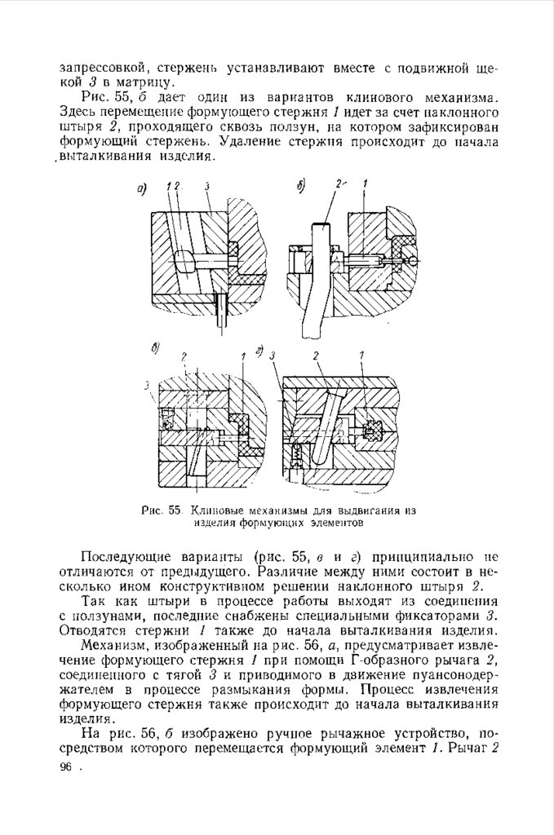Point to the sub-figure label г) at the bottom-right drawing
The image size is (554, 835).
(x=259, y=351)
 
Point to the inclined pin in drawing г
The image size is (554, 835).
(x=330, y=424)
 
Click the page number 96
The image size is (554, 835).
(x=66, y=767)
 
